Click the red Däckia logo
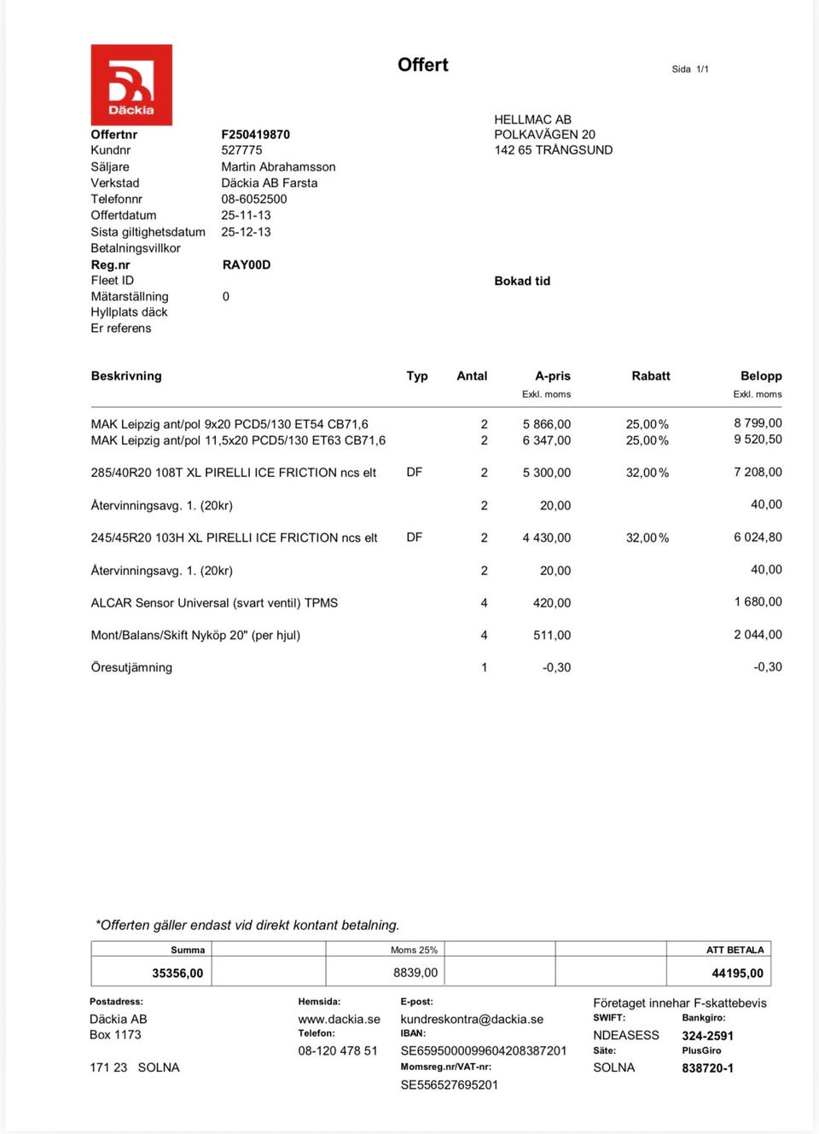[x=131, y=85]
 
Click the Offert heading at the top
[x=422, y=65]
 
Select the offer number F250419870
[x=255, y=135]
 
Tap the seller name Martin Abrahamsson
[x=278, y=167]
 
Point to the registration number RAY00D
[x=246, y=265]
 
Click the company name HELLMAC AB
[x=532, y=119]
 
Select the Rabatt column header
[x=650, y=375]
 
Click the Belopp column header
[x=760, y=375]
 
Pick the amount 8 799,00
[x=758, y=423]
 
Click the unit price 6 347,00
[x=547, y=440]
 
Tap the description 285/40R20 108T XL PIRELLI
[x=233, y=473]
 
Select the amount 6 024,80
[x=758, y=538]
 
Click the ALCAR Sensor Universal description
[x=214, y=602]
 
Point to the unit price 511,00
[x=551, y=635]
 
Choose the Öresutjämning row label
[x=131, y=667]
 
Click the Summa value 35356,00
[x=177, y=973]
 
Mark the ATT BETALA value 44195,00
[x=737, y=973]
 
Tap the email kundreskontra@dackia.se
[x=472, y=1019]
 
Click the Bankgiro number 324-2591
[x=707, y=1035]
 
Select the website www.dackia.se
[x=339, y=1019]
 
